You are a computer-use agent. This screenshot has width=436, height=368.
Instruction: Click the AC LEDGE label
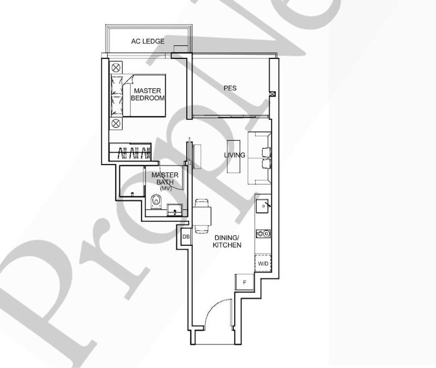click(148, 41)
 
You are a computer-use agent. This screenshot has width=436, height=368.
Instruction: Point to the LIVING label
click(234, 155)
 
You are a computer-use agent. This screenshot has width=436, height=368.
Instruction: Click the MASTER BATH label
click(165, 178)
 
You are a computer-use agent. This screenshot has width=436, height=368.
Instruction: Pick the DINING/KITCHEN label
click(227, 242)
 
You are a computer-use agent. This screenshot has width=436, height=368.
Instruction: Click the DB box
click(186, 237)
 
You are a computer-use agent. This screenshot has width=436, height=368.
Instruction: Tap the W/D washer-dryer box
click(263, 264)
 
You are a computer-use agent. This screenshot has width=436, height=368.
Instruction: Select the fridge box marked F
click(245, 282)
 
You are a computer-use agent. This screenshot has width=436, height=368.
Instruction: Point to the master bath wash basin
click(175, 209)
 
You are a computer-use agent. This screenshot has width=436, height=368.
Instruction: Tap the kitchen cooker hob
click(263, 234)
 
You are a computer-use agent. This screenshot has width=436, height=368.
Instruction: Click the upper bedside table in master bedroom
click(116, 68)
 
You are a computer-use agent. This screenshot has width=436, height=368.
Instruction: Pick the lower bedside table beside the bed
click(116, 123)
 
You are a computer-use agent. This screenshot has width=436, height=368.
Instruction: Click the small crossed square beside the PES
click(272, 94)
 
